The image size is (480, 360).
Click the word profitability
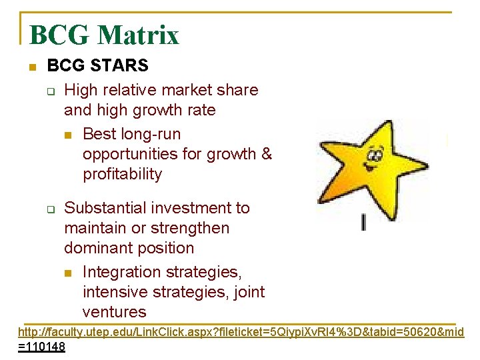tap(122, 174)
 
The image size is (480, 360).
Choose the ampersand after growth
tap(267, 154)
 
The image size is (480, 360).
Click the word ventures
tap(114, 311)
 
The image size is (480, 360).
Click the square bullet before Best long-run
tap(68, 135)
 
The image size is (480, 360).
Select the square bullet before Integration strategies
tap(68, 273)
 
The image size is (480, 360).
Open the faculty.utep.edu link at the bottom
tap(240, 332)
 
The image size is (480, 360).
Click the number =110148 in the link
tap(41, 347)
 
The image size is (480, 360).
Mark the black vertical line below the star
tap(363, 222)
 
